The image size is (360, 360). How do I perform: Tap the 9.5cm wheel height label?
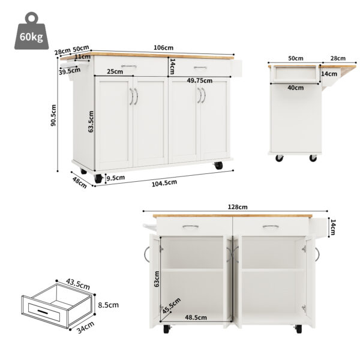coord(115,178)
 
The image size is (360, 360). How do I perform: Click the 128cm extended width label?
coord(237,207)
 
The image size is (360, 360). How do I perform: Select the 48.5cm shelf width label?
coord(196,317)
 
